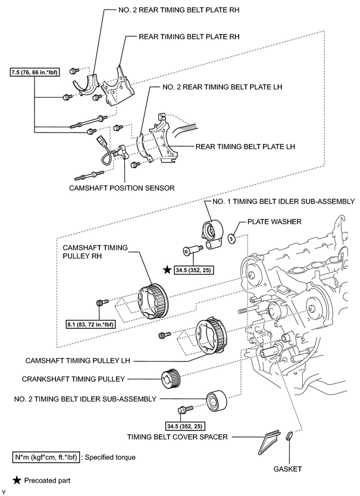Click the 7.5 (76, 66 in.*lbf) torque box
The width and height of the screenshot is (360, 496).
tap(35, 73)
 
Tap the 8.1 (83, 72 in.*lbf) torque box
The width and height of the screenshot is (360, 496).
tap(90, 324)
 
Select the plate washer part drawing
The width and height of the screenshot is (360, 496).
tap(233, 238)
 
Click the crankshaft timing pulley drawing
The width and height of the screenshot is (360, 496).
tap(171, 379)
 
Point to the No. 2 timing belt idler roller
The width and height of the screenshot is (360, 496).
tap(217, 401)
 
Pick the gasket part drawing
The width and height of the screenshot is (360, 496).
tap(289, 436)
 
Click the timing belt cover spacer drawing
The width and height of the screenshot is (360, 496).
tap(270, 441)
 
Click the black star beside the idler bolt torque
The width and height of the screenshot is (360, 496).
tap(167, 270)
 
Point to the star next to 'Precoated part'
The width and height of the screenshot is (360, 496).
tap(17, 481)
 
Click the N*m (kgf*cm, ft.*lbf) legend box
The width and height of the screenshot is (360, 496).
tap(46, 457)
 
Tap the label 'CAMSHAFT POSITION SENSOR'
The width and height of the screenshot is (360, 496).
tap(122, 188)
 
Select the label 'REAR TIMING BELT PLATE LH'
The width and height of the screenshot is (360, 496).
tap(245, 146)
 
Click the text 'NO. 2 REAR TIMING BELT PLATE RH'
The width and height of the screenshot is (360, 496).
tap(179, 10)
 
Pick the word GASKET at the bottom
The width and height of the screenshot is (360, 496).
tap(288, 469)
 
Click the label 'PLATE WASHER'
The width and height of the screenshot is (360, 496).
tap(274, 221)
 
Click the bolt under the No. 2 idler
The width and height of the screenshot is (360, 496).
tap(185, 409)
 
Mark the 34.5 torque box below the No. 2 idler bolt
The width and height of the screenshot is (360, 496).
tap(185, 426)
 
